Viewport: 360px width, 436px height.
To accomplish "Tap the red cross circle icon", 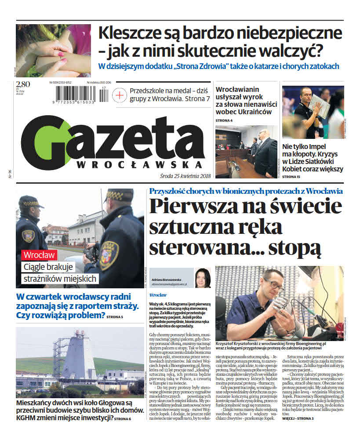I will [120, 95].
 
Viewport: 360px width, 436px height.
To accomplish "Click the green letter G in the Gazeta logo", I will [46, 142].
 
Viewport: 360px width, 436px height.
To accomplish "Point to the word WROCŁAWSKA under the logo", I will [140, 164].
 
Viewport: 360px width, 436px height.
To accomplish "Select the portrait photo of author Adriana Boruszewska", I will [203, 278].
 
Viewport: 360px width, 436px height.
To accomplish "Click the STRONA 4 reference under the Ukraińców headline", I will [224, 120].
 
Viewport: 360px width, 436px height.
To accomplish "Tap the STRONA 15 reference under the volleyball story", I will [292, 177].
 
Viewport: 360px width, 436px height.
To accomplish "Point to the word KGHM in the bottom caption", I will [29, 418].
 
